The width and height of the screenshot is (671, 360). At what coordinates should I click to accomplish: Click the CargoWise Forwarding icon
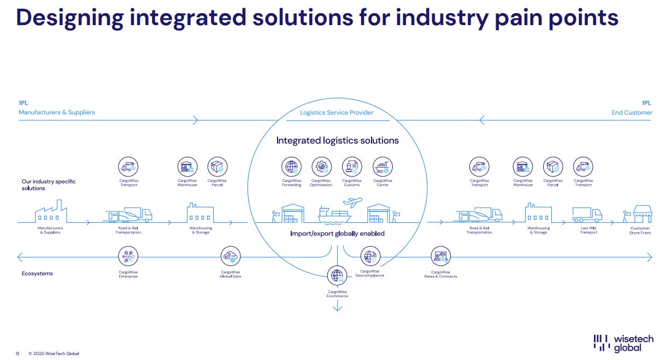point(291,167)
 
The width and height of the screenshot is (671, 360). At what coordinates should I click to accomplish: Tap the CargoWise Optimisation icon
point(321,167)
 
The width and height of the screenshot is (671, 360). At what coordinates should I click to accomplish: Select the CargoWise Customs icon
point(352,167)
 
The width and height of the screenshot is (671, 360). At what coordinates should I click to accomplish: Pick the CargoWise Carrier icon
point(382,167)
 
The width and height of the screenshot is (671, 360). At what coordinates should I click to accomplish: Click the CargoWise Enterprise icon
point(128,256)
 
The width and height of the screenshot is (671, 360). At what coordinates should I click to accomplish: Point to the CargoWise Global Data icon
point(230,256)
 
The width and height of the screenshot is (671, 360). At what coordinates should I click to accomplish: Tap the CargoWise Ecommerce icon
point(337,275)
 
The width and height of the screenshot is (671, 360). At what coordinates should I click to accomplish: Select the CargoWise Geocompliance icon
point(370,256)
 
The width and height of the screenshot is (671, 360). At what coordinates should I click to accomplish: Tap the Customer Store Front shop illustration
point(642,214)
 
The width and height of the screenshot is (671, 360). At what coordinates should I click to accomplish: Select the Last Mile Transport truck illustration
point(587,214)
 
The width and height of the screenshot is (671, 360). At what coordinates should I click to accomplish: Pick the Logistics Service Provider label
point(337,113)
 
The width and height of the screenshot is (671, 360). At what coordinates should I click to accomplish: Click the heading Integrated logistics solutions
point(337,140)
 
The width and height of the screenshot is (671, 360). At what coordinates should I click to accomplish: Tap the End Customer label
point(632,113)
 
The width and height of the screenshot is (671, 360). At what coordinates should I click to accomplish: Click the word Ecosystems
point(38,273)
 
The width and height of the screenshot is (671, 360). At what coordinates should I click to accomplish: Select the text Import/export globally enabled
point(337,234)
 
